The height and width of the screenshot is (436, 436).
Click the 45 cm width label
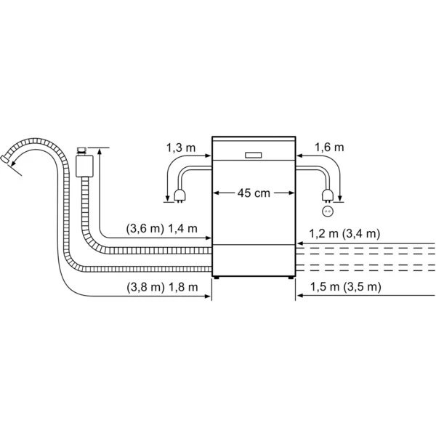click(254, 193)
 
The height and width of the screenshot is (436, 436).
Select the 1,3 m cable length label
click(181, 148)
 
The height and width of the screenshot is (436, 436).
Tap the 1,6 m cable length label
click(328, 148)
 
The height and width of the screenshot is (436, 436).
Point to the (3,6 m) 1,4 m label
click(161, 228)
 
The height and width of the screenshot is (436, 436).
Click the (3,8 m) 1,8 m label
click(161, 287)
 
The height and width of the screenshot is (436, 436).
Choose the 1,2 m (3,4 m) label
click(345, 233)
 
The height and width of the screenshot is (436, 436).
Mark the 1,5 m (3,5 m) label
click(345, 287)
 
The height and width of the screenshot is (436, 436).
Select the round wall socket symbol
click(327, 211)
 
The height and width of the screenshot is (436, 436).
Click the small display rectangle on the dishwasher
click(254, 154)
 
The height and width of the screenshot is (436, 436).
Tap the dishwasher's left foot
click(216, 277)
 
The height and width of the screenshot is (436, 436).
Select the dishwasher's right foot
click(291, 277)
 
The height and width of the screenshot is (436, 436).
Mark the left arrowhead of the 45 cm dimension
click(215, 193)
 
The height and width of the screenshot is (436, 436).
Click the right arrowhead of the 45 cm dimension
click(292, 193)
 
